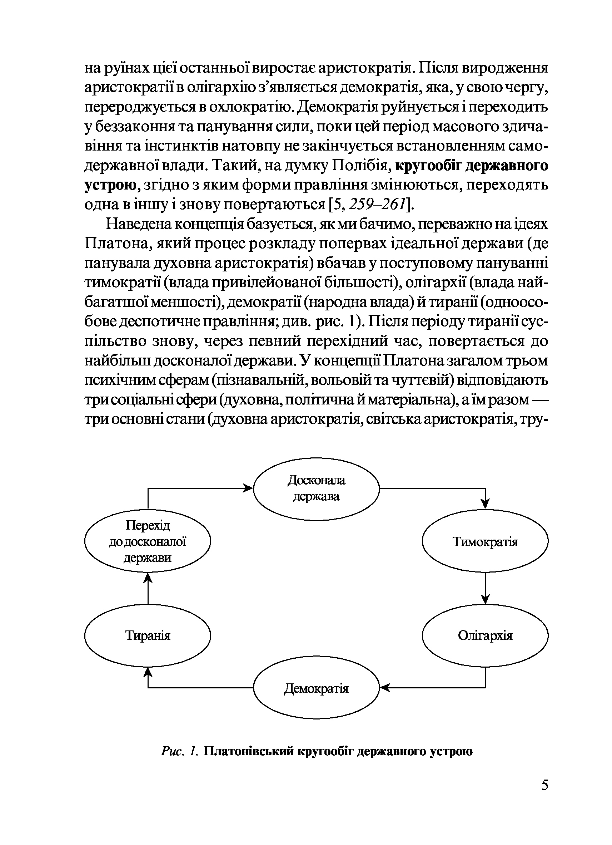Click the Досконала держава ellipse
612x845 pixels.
click(317, 488)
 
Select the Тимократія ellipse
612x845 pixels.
click(485, 541)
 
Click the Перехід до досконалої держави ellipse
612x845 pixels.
click(148, 541)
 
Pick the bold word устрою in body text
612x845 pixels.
click(110, 185)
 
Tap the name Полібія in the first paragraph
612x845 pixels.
click(360, 166)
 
